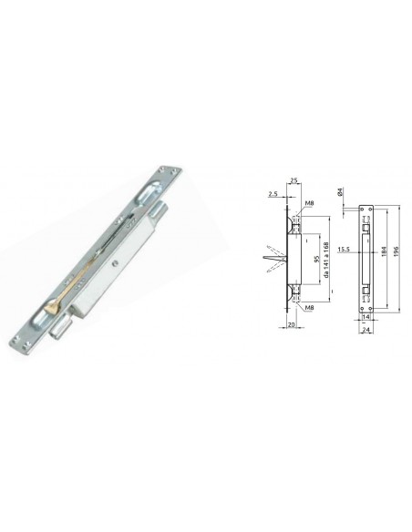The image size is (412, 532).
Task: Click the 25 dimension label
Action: click(x=294, y=180)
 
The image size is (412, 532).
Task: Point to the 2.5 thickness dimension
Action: click(x=273, y=194)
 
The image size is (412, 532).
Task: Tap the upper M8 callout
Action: click(x=309, y=203)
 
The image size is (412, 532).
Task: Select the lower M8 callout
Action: click(x=309, y=307)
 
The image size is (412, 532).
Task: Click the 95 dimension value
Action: click(x=316, y=260)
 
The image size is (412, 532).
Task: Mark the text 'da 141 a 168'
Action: click(x=326, y=260)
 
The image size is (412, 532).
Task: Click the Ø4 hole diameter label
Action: click(x=341, y=191)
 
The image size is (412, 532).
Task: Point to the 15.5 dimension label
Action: click(x=344, y=250)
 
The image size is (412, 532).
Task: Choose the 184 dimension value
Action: click(x=384, y=251)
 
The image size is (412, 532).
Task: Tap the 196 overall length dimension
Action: click(x=397, y=251)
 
